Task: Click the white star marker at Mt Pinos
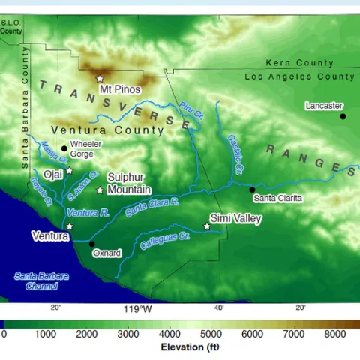(99, 78)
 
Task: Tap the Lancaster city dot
(343, 116)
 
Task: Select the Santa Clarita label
(277, 198)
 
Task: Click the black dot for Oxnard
(91, 243)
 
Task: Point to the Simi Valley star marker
(207, 226)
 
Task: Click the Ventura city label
(50, 235)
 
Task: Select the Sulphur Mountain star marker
(99, 190)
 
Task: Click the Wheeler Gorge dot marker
(64, 148)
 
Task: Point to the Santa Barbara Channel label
(41, 280)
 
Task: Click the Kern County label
(300, 64)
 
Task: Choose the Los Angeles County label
(300, 76)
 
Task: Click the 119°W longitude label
(138, 308)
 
